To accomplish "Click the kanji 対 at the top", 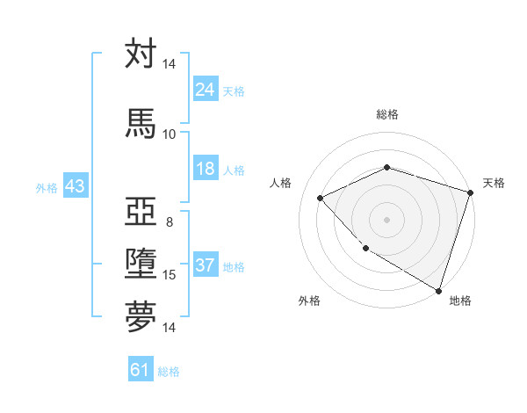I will pos(141,54).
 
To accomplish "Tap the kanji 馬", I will pos(141,122).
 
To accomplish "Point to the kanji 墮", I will pos(141,264).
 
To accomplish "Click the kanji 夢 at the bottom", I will pos(141,316).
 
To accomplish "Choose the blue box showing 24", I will pos(205,90).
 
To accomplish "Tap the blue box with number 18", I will pos(205,169).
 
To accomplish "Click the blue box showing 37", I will pos(205,265).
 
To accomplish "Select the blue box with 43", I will pos(75,186).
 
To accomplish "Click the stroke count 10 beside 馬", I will pos(169,134).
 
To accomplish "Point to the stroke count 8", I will pos(169,221).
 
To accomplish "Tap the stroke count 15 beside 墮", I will pos(169,275).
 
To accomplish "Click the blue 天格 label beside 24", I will pos(234,91).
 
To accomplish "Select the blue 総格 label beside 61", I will pos(169,371).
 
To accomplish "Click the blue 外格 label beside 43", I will pos(47,187).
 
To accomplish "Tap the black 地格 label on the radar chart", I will pos(460,301).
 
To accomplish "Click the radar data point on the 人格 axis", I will pos(321,199).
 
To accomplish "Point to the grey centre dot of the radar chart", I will pos(386,219).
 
